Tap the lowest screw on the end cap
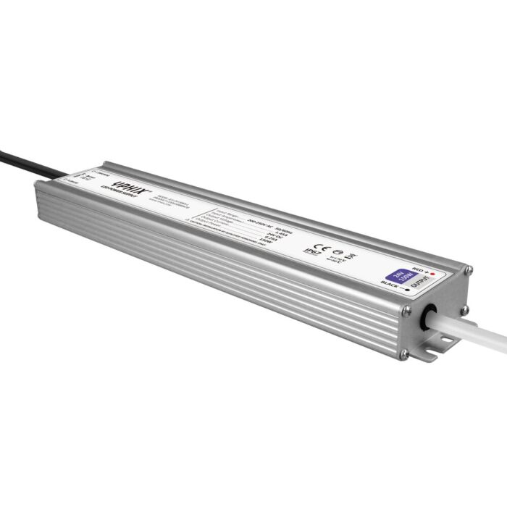pyautogui.click(x=404, y=354)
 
